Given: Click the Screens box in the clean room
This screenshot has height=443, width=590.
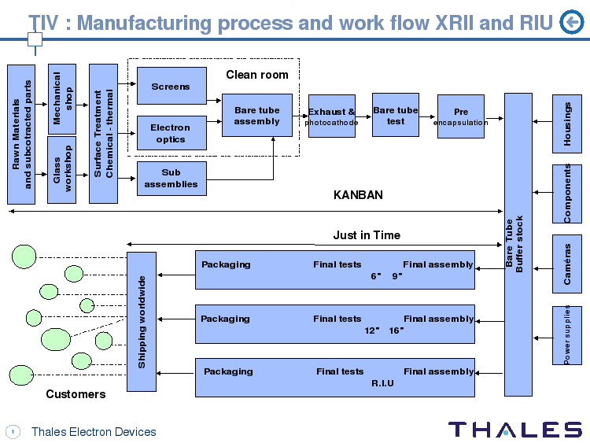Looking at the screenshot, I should point(171,86).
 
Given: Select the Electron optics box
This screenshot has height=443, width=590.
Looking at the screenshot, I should point(171,133).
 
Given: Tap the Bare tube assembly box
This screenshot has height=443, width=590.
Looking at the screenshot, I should point(256,116).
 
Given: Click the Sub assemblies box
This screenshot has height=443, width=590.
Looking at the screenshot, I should point(171,179).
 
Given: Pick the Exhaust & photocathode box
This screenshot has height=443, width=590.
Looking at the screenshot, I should point(331,116).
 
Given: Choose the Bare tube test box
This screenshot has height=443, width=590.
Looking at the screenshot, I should point(395,116).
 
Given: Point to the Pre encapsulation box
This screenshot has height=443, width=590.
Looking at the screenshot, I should point(460,116).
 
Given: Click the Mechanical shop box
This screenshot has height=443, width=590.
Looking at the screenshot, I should point(62,98).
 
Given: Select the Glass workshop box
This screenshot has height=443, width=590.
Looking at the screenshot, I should point(62,169).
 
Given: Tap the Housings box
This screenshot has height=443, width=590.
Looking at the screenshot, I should point(567,122).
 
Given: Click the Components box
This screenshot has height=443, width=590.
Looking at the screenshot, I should point(567,193).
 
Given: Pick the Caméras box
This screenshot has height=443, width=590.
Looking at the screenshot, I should point(567,264).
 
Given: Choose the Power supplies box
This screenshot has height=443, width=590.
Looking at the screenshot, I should point(567,335).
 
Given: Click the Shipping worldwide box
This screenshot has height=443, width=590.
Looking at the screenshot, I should point(142,321).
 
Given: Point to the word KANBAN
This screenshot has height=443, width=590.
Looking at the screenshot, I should point(358,195).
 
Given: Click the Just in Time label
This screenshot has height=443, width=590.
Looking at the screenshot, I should point(366,235).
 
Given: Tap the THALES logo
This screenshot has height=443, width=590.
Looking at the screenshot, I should point(514,430).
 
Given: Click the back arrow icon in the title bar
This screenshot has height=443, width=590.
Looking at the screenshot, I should point(570,24).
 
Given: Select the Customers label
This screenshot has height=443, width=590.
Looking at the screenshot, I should point(76,393).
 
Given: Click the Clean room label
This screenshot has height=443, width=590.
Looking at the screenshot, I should point(257,75).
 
